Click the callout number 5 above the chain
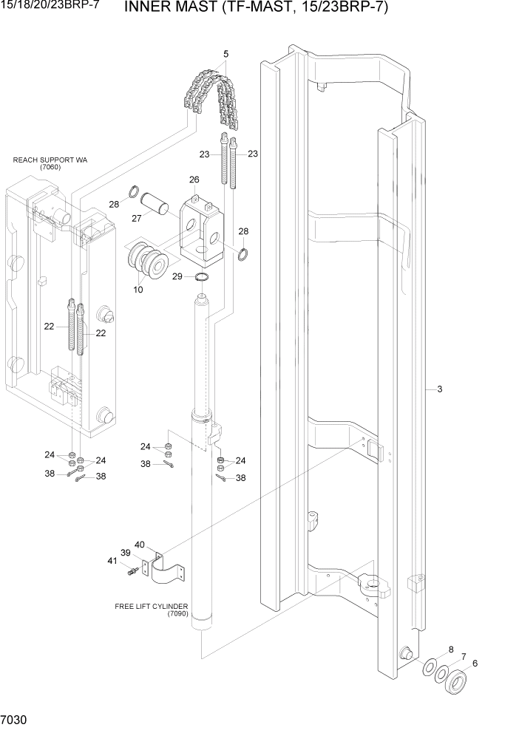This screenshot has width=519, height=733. pyautogui.click(x=225, y=53)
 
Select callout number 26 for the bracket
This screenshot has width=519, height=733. pyautogui.click(x=194, y=180)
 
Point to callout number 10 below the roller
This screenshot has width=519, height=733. pyautogui.click(x=138, y=290)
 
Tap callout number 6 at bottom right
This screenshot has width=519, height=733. pyautogui.click(x=475, y=663)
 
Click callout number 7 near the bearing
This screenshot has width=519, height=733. pyautogui.click(x=463, y=656)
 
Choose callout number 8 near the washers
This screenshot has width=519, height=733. pyautogui.click(x=451, y=650)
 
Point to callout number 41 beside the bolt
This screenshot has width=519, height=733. pyautogui.click(x=112, y=561)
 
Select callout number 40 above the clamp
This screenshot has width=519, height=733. pyautogui.click(x=139, y=545)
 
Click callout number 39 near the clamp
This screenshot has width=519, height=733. pyautogui.click(x=125, y=553)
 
